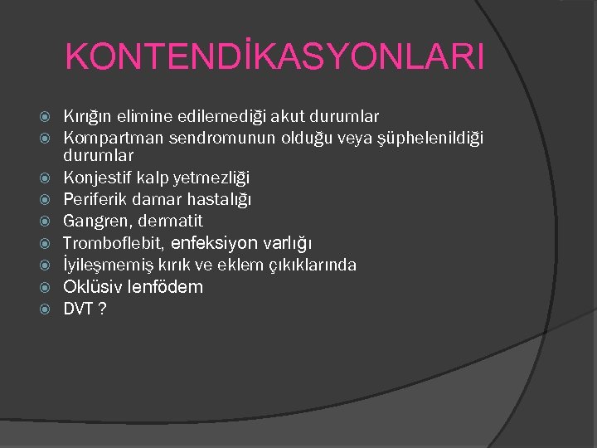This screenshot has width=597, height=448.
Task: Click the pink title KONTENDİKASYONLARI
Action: (x=274, y=57)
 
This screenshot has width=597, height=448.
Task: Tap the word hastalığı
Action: (x=217, y=200)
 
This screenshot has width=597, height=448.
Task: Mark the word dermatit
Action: (x=170, y=222)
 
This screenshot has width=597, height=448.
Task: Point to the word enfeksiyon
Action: (x=215, y=243)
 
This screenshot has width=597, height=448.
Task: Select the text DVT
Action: (x=77, y=309)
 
